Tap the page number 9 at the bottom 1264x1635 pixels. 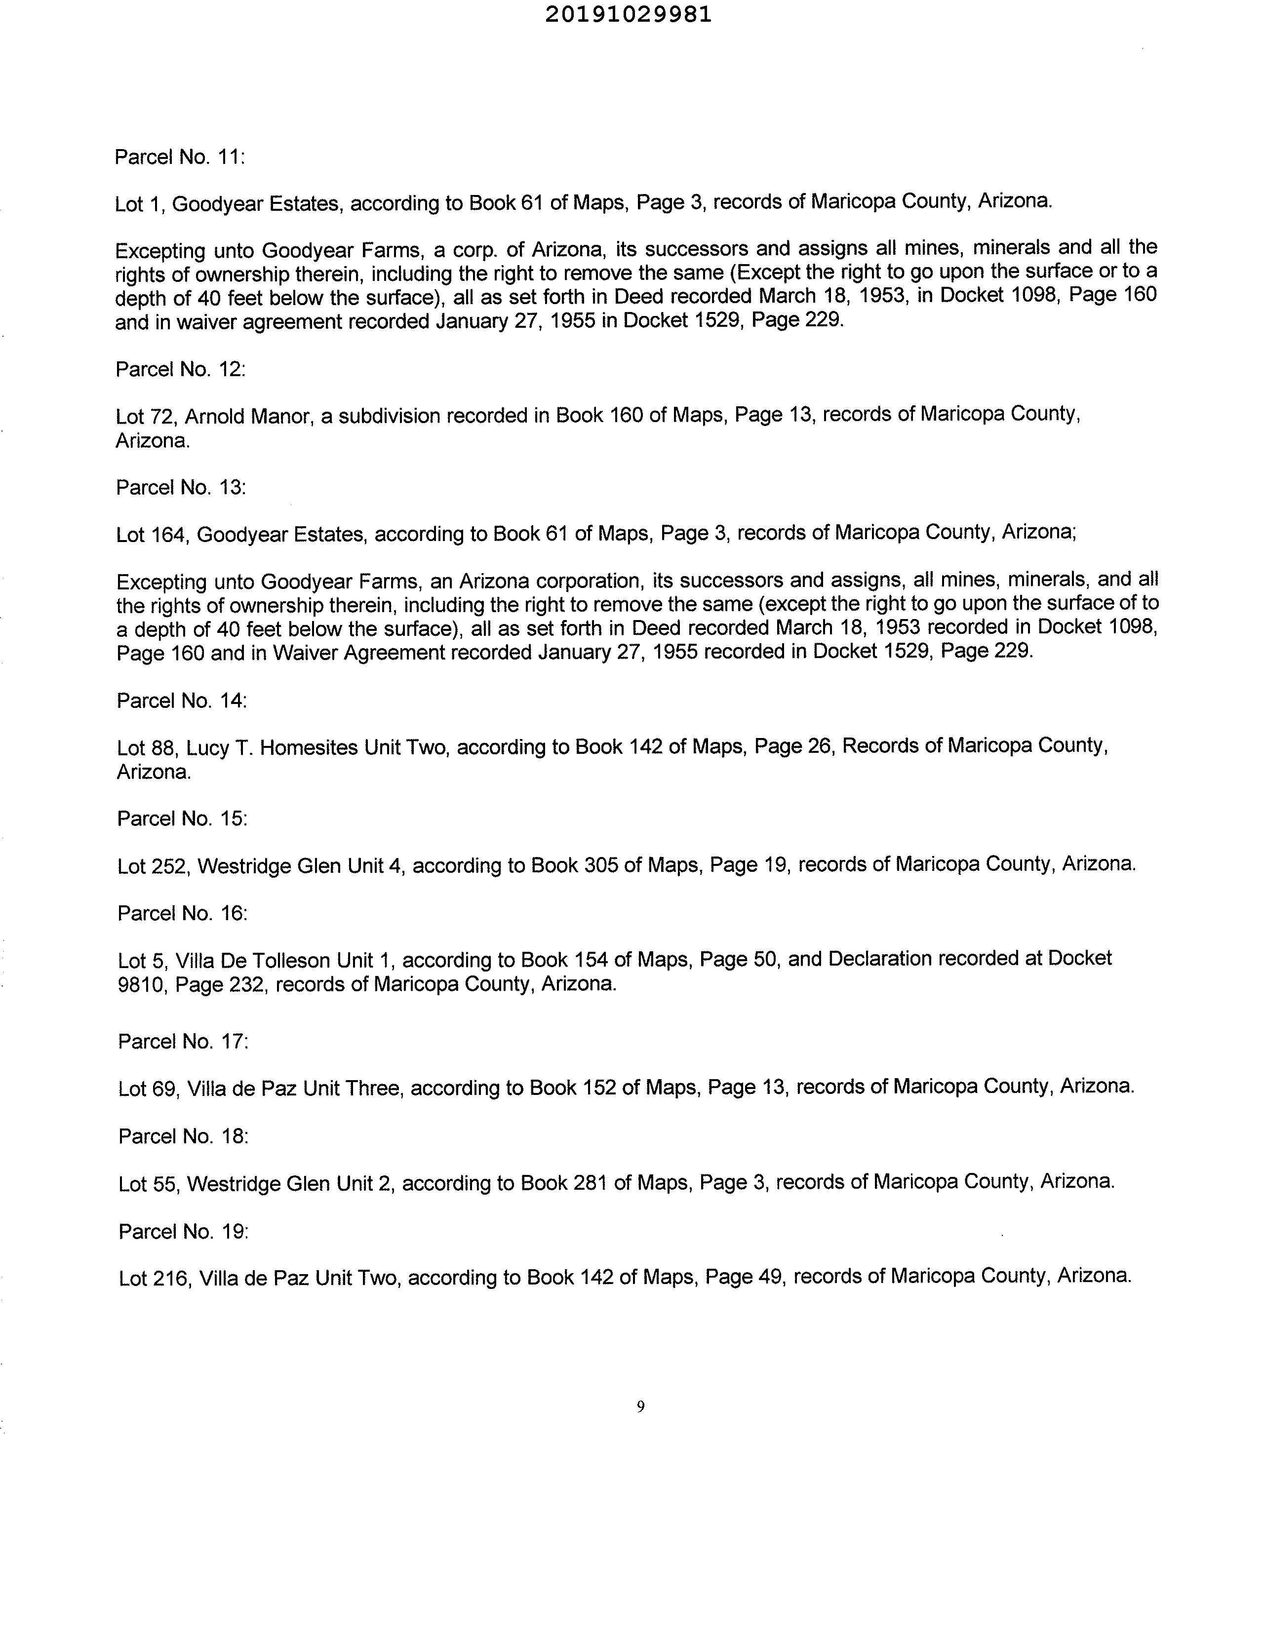(x=640, y=1406)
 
